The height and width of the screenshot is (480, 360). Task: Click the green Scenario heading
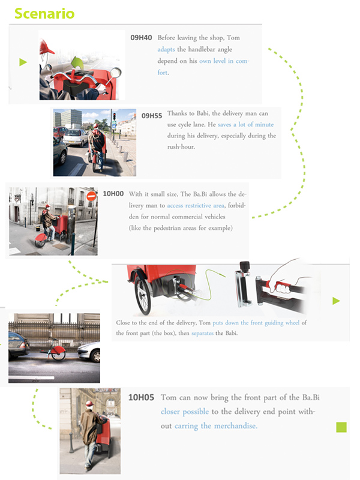tap(44, 13)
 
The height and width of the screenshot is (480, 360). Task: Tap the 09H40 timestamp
tap(141, 38)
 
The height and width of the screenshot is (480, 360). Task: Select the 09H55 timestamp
tap(152, 116)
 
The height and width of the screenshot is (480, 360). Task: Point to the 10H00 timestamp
tap(113, 194)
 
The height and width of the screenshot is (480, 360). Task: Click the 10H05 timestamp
tap(141, 397)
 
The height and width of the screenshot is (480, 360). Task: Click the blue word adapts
tap(166, 49)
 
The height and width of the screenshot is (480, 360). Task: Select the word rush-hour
tap(181, 146)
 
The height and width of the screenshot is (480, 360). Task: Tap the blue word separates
tap(202, 333)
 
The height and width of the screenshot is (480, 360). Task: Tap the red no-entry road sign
tap(91, 196)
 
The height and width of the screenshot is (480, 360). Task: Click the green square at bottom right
tap(341, 427)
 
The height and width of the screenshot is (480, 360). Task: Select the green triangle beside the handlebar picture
tap(23, 62)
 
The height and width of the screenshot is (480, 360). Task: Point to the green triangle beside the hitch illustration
tap(336, 301)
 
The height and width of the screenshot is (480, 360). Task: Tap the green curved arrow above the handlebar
tap(77, 63)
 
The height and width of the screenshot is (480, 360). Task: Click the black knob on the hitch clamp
tap(244, 266)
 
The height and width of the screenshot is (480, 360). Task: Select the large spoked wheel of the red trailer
tap(143, 295)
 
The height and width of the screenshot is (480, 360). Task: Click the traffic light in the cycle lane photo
tap(115, 116)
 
